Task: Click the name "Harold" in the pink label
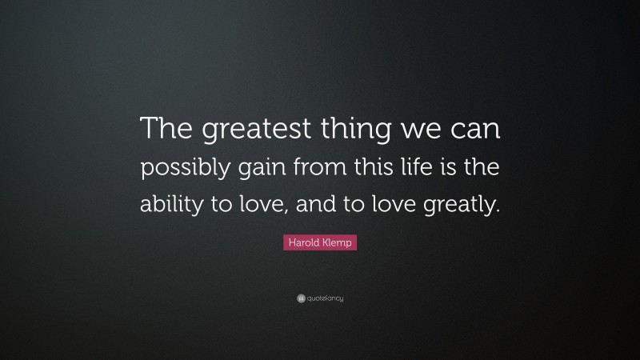pos(305,241)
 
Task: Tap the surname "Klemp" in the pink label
pos(338,241)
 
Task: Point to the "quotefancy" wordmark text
pos(324,298)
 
